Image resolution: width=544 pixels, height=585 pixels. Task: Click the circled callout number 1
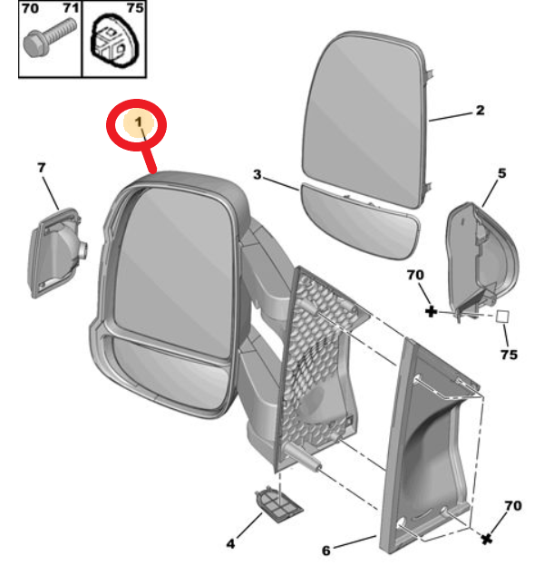click(x=138, y=122)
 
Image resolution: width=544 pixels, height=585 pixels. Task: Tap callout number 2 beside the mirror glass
click(x=480, y=111)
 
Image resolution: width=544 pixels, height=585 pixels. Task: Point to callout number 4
click(x=230, y=543)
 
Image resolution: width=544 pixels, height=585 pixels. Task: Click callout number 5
click(x=500, y=172)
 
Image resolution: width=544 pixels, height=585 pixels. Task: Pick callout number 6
click(x=325, y=549)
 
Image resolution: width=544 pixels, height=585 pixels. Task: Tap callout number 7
click(x=41, y=167)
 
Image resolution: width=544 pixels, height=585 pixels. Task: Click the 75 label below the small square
click(x=509, y=354)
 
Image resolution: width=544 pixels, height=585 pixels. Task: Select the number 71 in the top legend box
click(x=70, y=8)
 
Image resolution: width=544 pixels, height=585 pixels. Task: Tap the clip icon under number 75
click(x=112, y=43)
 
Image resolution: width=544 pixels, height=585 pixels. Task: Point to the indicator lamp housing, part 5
click(x=480, y=258)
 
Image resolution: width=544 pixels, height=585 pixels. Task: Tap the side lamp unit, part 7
click(x=54, y=249)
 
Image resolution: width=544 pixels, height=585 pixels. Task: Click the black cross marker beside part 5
click(x=431, y=311)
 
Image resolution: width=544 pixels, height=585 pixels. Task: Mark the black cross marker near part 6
click(x=487, y=539)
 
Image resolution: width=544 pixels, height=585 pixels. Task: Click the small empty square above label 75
click(x=502, y=317)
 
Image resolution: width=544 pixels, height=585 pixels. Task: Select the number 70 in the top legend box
click(x=30, y=8)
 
